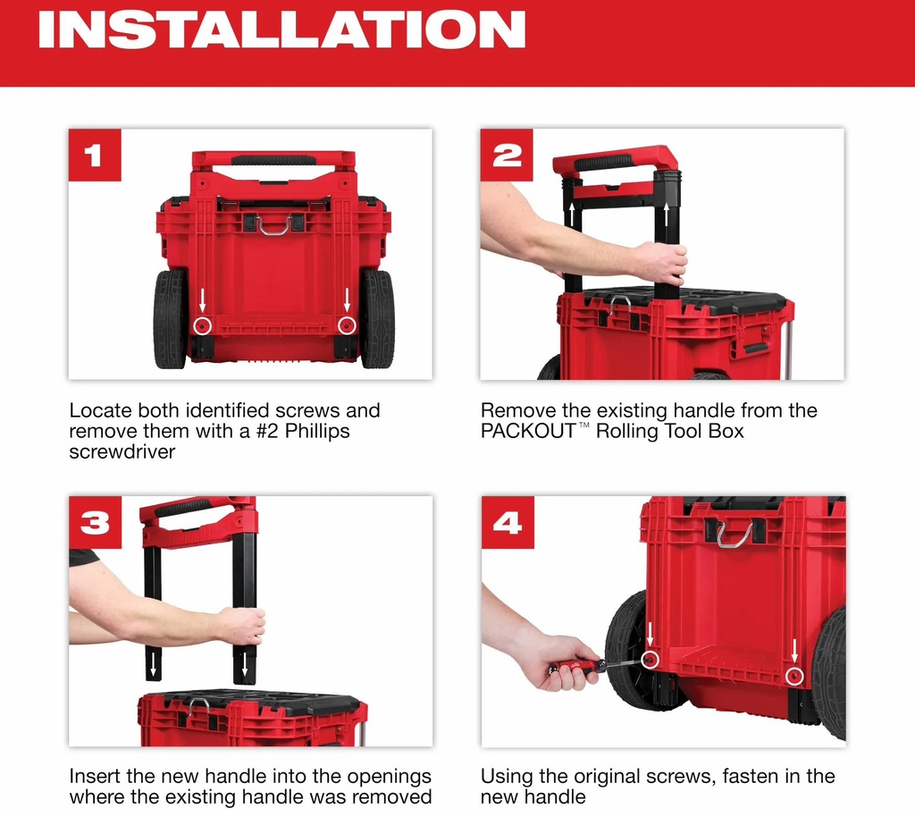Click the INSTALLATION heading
click(281, 29)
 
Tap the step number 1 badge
click(95, 156)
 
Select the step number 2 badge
click(507, 156)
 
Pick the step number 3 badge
click(95, 522)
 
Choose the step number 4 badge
click(508, 522)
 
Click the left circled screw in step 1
click(203, 325)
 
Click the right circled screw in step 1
click(347, 325)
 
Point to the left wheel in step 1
click(171, 318)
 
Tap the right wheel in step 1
click(378, 318)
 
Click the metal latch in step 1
click(273, 224)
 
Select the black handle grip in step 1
click(273, 160)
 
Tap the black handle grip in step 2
click(603, 162)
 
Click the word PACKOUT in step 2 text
click(528, 431)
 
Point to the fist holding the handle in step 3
click(243, 627)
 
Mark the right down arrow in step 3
click(245, 666)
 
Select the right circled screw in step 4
click(794, 677)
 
